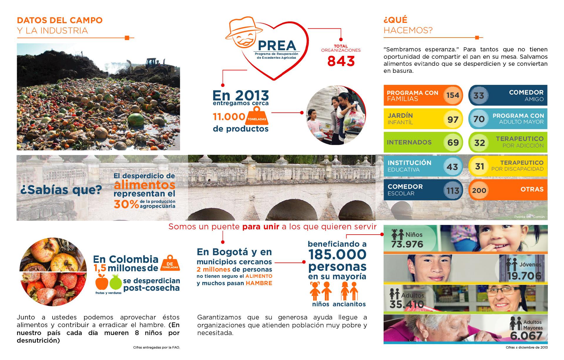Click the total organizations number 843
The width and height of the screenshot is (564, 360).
coord(341,61)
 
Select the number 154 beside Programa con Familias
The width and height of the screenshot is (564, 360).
coord(452,95)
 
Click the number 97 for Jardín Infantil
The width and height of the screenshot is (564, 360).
coord(453,120)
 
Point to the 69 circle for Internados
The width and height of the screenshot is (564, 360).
coord(453,142)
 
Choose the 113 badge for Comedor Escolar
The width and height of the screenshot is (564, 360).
coord(452,191)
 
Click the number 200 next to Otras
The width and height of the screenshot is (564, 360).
coord(479,190)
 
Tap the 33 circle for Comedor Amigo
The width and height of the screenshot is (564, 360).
coord(479,95)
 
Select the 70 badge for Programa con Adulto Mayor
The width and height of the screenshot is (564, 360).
coord(479,119)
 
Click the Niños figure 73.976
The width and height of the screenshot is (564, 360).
coord(407,244)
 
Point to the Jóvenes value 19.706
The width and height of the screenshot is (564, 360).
coord(524,276)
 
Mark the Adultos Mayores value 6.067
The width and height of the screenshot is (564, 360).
coord(526,336)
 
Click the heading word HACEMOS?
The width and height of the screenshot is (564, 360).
coord(408,31)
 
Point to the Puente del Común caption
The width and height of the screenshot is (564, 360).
coord(529,217)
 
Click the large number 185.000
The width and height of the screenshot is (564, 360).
coord(337,255)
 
